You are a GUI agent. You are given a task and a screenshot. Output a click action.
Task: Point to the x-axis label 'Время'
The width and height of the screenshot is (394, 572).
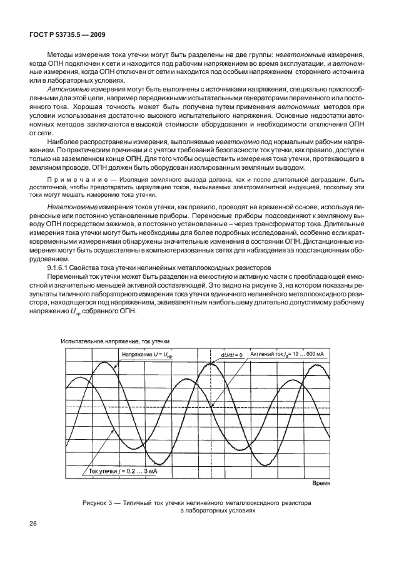click(x=320, y=484)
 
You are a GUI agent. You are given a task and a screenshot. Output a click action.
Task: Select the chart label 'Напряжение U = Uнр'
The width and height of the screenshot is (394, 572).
click(x=146, y=355)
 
